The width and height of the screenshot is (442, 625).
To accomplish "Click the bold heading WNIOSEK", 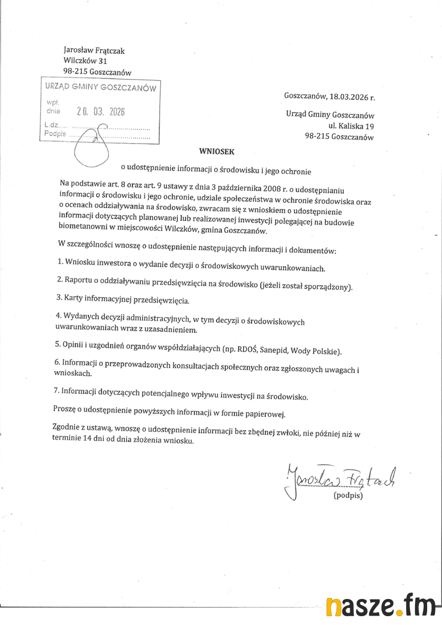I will (x=213, y=150).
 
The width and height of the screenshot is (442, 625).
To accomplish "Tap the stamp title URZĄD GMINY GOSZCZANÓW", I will (x=101, y=88).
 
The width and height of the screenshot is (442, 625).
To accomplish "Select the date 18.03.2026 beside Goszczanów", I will (x=348, y=97).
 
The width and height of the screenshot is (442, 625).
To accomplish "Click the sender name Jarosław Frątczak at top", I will (x=94, y=51).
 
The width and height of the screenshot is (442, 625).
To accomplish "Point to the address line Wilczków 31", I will (x=85, y=61).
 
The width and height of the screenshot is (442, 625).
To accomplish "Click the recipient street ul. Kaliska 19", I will (x=351, y=126).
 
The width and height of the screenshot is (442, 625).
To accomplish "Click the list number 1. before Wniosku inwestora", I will (x=60, y=261).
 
